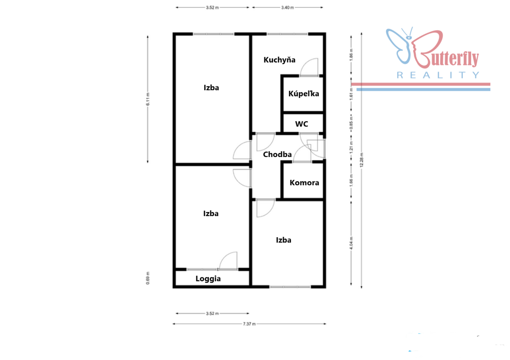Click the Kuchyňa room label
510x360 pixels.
279,60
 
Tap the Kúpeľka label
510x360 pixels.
303,94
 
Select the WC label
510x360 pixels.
302,124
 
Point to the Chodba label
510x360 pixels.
277,154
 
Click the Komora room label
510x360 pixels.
304,183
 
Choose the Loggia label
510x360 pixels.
208,279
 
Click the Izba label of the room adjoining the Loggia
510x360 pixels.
211,214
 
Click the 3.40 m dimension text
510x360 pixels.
288,7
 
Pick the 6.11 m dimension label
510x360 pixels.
148,99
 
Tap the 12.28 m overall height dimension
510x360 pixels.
362,160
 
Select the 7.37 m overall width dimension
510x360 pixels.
249,324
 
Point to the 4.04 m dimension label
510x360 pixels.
351,243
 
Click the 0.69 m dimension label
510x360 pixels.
148,278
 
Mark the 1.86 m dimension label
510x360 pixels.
351,55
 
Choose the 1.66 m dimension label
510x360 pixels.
351,181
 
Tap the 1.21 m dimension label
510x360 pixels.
351,148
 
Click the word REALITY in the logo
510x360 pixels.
438,75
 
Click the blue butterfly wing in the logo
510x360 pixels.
398,45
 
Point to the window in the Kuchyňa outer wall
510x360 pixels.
287,34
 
